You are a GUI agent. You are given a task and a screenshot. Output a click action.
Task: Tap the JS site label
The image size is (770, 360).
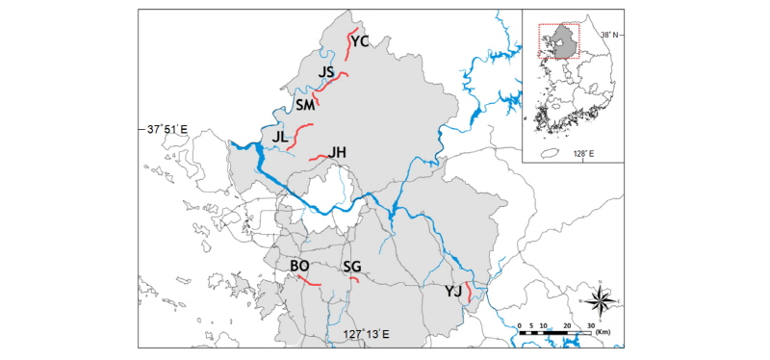325,72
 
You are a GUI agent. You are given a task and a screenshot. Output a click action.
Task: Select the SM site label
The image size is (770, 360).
305,105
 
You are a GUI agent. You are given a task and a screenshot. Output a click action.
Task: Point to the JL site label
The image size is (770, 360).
280,138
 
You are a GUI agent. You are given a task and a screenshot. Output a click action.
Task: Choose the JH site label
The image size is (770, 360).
337,152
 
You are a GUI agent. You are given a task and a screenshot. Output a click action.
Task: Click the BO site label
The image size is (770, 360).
299,266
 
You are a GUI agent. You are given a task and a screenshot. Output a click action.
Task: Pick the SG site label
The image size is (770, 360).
352,267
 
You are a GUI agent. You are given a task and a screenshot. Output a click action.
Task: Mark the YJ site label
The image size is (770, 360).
452,291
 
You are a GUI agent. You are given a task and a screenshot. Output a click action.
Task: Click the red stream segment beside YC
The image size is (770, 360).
350,44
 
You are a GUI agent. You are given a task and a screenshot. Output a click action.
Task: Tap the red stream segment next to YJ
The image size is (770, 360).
467,293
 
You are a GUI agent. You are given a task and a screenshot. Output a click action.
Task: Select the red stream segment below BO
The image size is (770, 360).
308,280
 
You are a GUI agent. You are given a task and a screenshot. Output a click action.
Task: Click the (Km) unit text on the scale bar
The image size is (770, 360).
603,331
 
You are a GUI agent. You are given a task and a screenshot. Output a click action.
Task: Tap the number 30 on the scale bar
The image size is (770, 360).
590,323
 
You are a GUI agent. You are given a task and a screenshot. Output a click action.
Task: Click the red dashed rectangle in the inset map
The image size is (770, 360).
559,39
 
